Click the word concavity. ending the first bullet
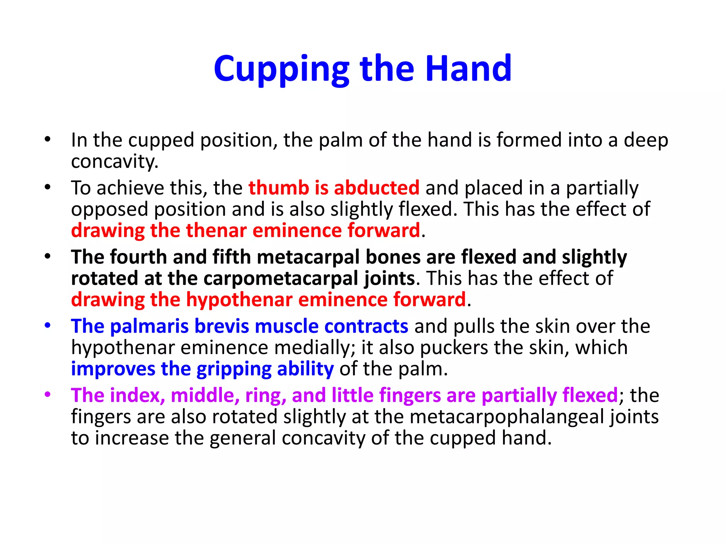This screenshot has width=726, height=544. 115,161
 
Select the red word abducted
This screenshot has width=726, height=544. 376,188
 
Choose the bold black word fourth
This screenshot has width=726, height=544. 139,257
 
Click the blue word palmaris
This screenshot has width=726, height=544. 149,326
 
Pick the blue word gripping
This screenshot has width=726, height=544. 234,369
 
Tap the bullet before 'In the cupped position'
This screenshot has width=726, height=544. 48,139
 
